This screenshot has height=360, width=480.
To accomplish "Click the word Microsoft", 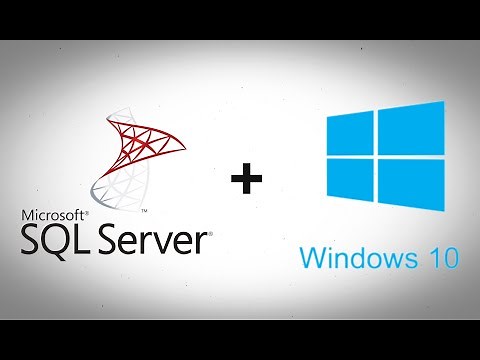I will point(51,214).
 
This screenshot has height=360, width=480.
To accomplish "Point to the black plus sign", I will point(245,180).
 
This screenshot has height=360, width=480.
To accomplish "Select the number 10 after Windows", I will point(441,260).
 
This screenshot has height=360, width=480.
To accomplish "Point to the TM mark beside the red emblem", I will point(145,212).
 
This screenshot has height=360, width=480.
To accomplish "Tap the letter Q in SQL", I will point(59,240).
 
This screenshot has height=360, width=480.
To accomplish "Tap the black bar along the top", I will point(240,19).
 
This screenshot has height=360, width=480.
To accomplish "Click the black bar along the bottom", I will point(240,340).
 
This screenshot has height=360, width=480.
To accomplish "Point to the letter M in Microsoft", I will point(27,214).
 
